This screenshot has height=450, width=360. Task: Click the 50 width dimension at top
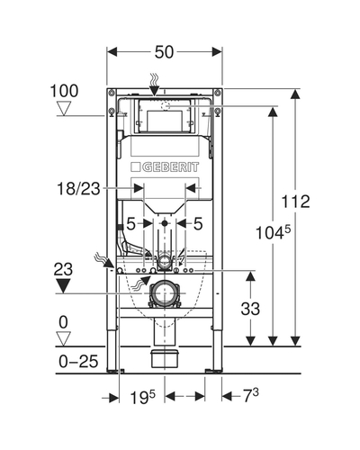[x=164, y=52]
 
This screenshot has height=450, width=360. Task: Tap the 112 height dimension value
[x=295, y=202]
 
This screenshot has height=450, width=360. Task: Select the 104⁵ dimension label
[x=273, y=232]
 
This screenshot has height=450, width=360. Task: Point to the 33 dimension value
[x=250, y=309]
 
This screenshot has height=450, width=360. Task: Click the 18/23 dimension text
[x=78, y=189]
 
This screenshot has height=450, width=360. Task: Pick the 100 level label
[x=64, y=91]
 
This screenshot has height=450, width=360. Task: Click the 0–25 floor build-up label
[x=78, y=361]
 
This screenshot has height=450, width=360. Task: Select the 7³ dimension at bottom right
[x=250, y=396]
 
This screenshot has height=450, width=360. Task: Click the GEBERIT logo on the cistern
[x=165, y=167]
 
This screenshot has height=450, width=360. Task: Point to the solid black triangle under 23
[x=63, y=286]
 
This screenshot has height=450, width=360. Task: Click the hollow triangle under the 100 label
[x=64, y=109]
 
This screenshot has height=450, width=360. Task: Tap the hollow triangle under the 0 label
[x=64, y=339]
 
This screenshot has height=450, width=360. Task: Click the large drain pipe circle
[x=164, y=293]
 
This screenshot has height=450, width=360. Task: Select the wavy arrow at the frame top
[x=154, y=85]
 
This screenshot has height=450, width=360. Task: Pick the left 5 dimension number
[x=130, y=224]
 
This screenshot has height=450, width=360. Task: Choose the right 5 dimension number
[x=198, y=224]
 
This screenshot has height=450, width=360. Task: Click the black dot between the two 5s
[x=164, y=223]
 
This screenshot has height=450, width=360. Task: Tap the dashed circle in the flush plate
[x=165, y=106]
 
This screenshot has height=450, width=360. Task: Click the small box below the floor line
[x=165, y=358]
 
